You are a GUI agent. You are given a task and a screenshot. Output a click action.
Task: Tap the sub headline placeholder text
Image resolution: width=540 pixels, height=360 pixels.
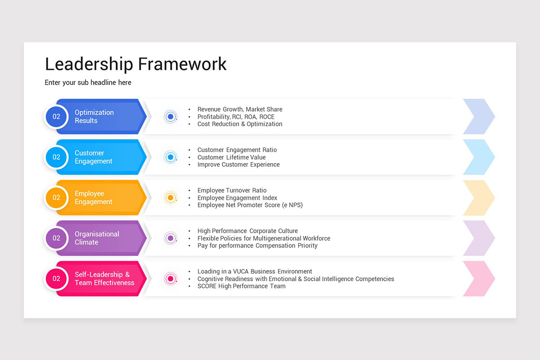pyautogui.click(x=88, y=83)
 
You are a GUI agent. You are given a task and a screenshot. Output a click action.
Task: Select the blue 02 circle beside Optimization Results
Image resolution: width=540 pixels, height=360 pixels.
pyautogui.click(x=56, y=117)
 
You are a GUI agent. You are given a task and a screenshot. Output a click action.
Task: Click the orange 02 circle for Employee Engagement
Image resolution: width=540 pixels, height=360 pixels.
pyautogui.click(x=56, y=198)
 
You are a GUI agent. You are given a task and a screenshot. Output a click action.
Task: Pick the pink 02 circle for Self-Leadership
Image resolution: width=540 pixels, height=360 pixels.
pyautogui.click(x=56, y=279)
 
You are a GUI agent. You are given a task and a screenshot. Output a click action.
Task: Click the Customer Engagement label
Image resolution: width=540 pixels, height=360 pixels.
pyautogui.click(x=93, y=157)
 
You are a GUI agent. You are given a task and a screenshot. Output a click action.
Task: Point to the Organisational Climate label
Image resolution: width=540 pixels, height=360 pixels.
pyautogui.click(x=97, y=238)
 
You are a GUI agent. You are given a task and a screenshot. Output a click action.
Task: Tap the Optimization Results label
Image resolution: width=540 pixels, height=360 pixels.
pyautogui.click(x=94, y=117)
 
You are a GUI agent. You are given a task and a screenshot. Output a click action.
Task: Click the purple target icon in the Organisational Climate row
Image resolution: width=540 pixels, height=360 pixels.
pyautogui.click(x=170, y=238)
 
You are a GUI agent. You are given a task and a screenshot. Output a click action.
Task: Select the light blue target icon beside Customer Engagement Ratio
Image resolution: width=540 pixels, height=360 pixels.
pyautogui.click(x=170, y=157)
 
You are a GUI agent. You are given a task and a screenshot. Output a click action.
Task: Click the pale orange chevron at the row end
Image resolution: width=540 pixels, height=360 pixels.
pyautogui.click(x=479, y=198)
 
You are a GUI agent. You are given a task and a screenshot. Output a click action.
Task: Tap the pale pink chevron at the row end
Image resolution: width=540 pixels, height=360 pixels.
pyautogui.click(x=479, y=279)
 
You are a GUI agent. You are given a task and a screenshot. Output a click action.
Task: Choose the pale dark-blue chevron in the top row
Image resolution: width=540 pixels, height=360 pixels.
pyautogui.click(x=479, y=117)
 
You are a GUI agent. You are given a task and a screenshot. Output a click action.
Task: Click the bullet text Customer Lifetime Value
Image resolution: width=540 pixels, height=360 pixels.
pyautogui.click(x=231, y=157)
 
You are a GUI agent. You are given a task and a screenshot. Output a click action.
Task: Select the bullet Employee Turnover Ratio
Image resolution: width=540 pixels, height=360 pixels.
pyautogui.click(x=232, y=190)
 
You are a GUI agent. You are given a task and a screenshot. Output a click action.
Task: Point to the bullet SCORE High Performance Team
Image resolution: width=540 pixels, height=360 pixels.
pyautogui.click(x=241, y=286)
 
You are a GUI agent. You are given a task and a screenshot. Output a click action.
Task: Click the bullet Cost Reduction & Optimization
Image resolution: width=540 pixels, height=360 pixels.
pyautogui.click(x=240, y=124)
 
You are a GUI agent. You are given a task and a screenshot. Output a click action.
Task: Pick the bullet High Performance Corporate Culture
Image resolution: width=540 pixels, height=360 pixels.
pyautogui.click(x=247, y=231)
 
